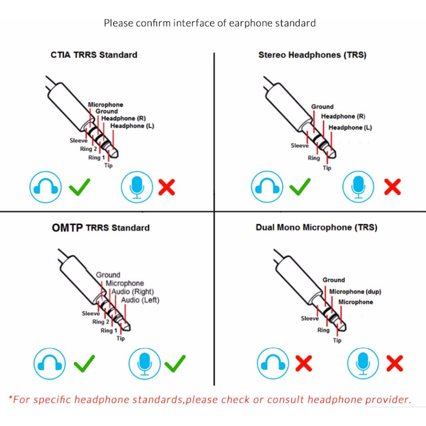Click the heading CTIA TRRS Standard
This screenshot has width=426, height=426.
tap(94, 55)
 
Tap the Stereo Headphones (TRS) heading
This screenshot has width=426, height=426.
tap(313, 55)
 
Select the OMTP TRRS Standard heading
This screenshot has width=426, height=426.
tap(101, 228)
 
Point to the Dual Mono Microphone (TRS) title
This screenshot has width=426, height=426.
tap(317, 227)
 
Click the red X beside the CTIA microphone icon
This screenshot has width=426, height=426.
tap(167, 187)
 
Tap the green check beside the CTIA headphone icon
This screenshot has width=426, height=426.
tap(80, 187)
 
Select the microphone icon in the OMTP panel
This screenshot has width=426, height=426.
tap(144, 363)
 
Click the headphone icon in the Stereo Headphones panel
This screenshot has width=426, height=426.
tap(267, 187)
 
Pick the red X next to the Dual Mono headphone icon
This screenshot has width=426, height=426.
tap(303, 363)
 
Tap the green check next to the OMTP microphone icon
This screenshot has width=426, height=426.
tap(175, 363)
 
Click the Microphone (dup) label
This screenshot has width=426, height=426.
tap(355, 292)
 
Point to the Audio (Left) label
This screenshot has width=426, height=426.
tap(140, 300)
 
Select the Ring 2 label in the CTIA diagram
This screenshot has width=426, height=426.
tap(88, 149)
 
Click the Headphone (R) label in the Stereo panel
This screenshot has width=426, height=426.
tap(343, 117)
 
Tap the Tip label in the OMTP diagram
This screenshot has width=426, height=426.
tap(121, 338)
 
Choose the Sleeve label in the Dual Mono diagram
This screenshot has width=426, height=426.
tap(310, 318)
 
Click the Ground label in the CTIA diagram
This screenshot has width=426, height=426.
tap(107, 111)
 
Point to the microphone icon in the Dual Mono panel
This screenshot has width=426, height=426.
tap(363, 363)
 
